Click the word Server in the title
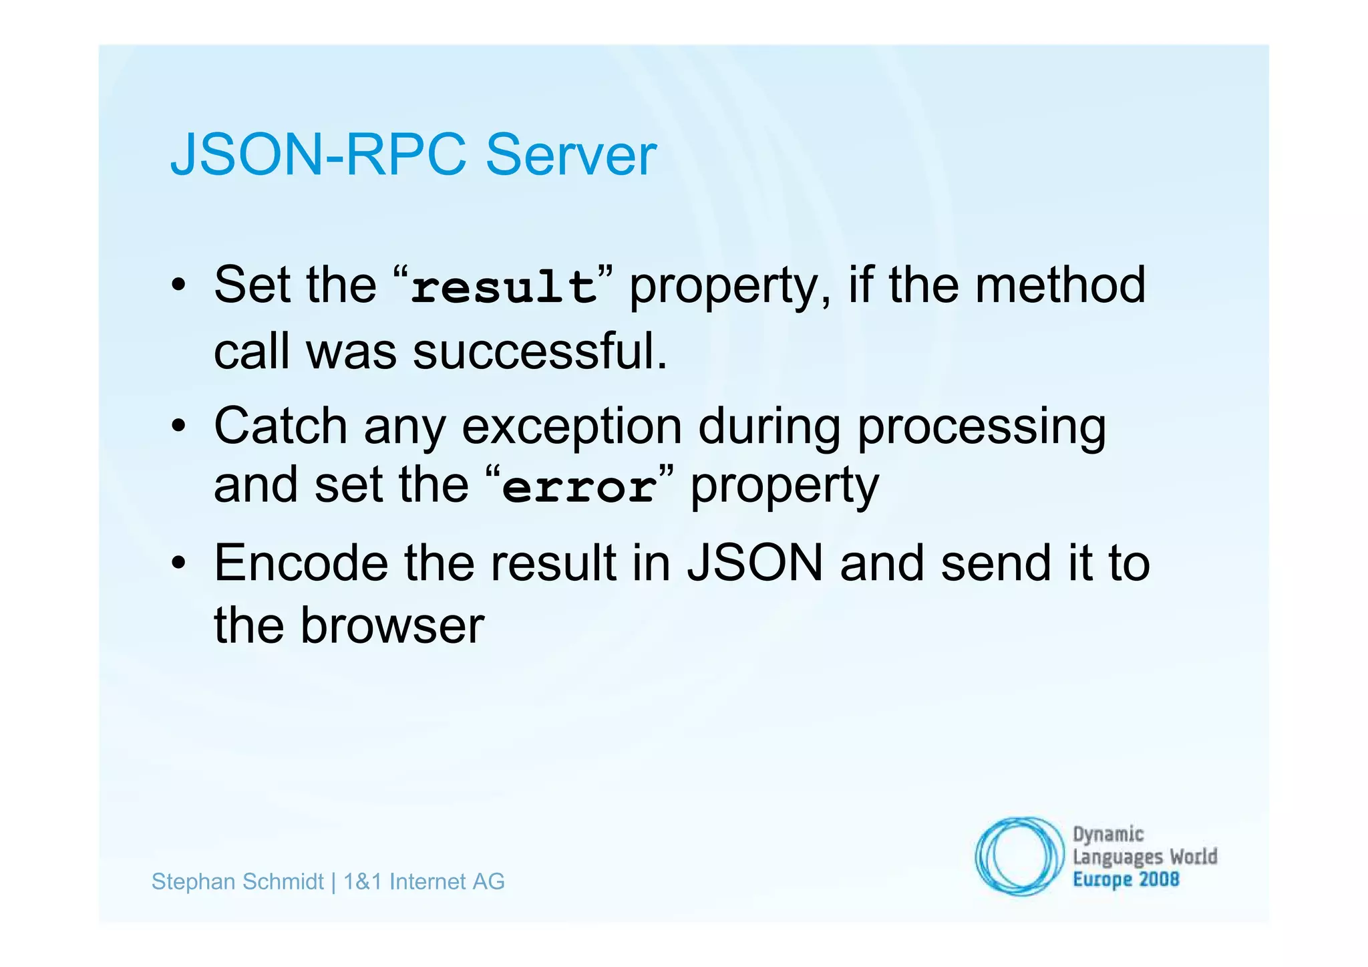[x=570, y=155]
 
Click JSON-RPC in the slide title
[x=318, y=155]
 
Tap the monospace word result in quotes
[x=504, y=287]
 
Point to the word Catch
[x=281, y=426]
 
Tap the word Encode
[x=301, y=563]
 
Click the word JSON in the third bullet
[x=755, y=563]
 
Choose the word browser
[x=392, y=626]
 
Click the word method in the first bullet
[x=1060, y=285]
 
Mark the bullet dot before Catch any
[x=178, y=426]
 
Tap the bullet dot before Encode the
[x=178, y=563]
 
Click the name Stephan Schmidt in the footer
[x=237, y=881]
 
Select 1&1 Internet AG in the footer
[x=423, y=881]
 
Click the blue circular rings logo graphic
[x=1019, y=856]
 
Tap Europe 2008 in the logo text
[x=1126, y=879]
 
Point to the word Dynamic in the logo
[x=1108, y=835]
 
